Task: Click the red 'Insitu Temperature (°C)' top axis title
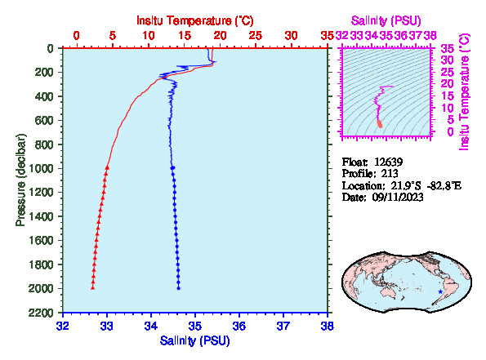[x=195, y=20]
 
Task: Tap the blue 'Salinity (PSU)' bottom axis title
[x=195, y=340]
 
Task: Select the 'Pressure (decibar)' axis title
[x=20, y=180]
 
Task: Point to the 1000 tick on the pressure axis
[x=41, y=168]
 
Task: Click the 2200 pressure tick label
[x=41, y=313]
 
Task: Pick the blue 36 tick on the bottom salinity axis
[x=239, y=327]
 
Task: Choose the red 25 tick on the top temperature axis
[x=256, y=36]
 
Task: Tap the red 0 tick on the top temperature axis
[x=76, y=36]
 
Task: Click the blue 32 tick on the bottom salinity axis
[x=63, y=327]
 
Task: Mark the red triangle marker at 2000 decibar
[x=92, y=288]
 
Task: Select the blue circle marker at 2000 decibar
[x=179, y=288]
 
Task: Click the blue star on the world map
[x=440, y=291]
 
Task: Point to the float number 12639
[x=388, y=162]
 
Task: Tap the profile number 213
[x=390, y=174]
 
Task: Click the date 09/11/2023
[x=398, y=197]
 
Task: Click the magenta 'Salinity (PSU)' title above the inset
[x=386, y=20]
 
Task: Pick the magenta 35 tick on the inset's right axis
[x=448, y=48]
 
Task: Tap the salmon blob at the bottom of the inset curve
[x=380, y=123]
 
